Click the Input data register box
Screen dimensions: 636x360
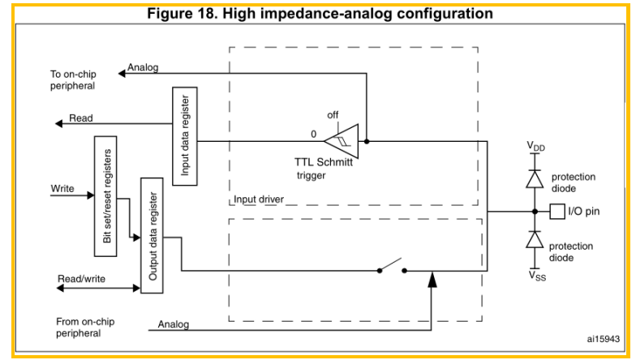click(185, 136)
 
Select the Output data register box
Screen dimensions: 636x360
click(153, 235)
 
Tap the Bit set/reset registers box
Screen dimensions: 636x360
click(105, 196)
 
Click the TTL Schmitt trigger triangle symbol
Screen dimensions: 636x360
click(342, 141)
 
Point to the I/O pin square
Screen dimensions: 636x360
click(557, 211)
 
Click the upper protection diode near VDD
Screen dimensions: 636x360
click(535, 178)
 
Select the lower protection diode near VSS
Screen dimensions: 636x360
click(535, 239)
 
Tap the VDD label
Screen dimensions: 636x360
click(535, 146)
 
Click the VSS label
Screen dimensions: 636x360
click(537, 276)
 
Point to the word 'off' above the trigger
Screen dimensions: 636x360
click(333, 115)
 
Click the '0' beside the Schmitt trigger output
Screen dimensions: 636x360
click(313, 135)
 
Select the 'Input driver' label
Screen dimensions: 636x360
click(259, 199)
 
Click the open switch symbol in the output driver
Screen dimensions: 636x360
click(392, 266)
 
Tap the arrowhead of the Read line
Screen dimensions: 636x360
click(58, 123)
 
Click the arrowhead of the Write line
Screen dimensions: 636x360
click(91, 195)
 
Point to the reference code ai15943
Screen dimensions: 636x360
click(604, 339)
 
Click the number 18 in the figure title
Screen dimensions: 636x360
click(209, 13)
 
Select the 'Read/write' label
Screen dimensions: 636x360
click(81, 279)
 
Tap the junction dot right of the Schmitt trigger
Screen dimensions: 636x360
click(367, 141)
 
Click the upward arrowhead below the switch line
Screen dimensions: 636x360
click(432, 279)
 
